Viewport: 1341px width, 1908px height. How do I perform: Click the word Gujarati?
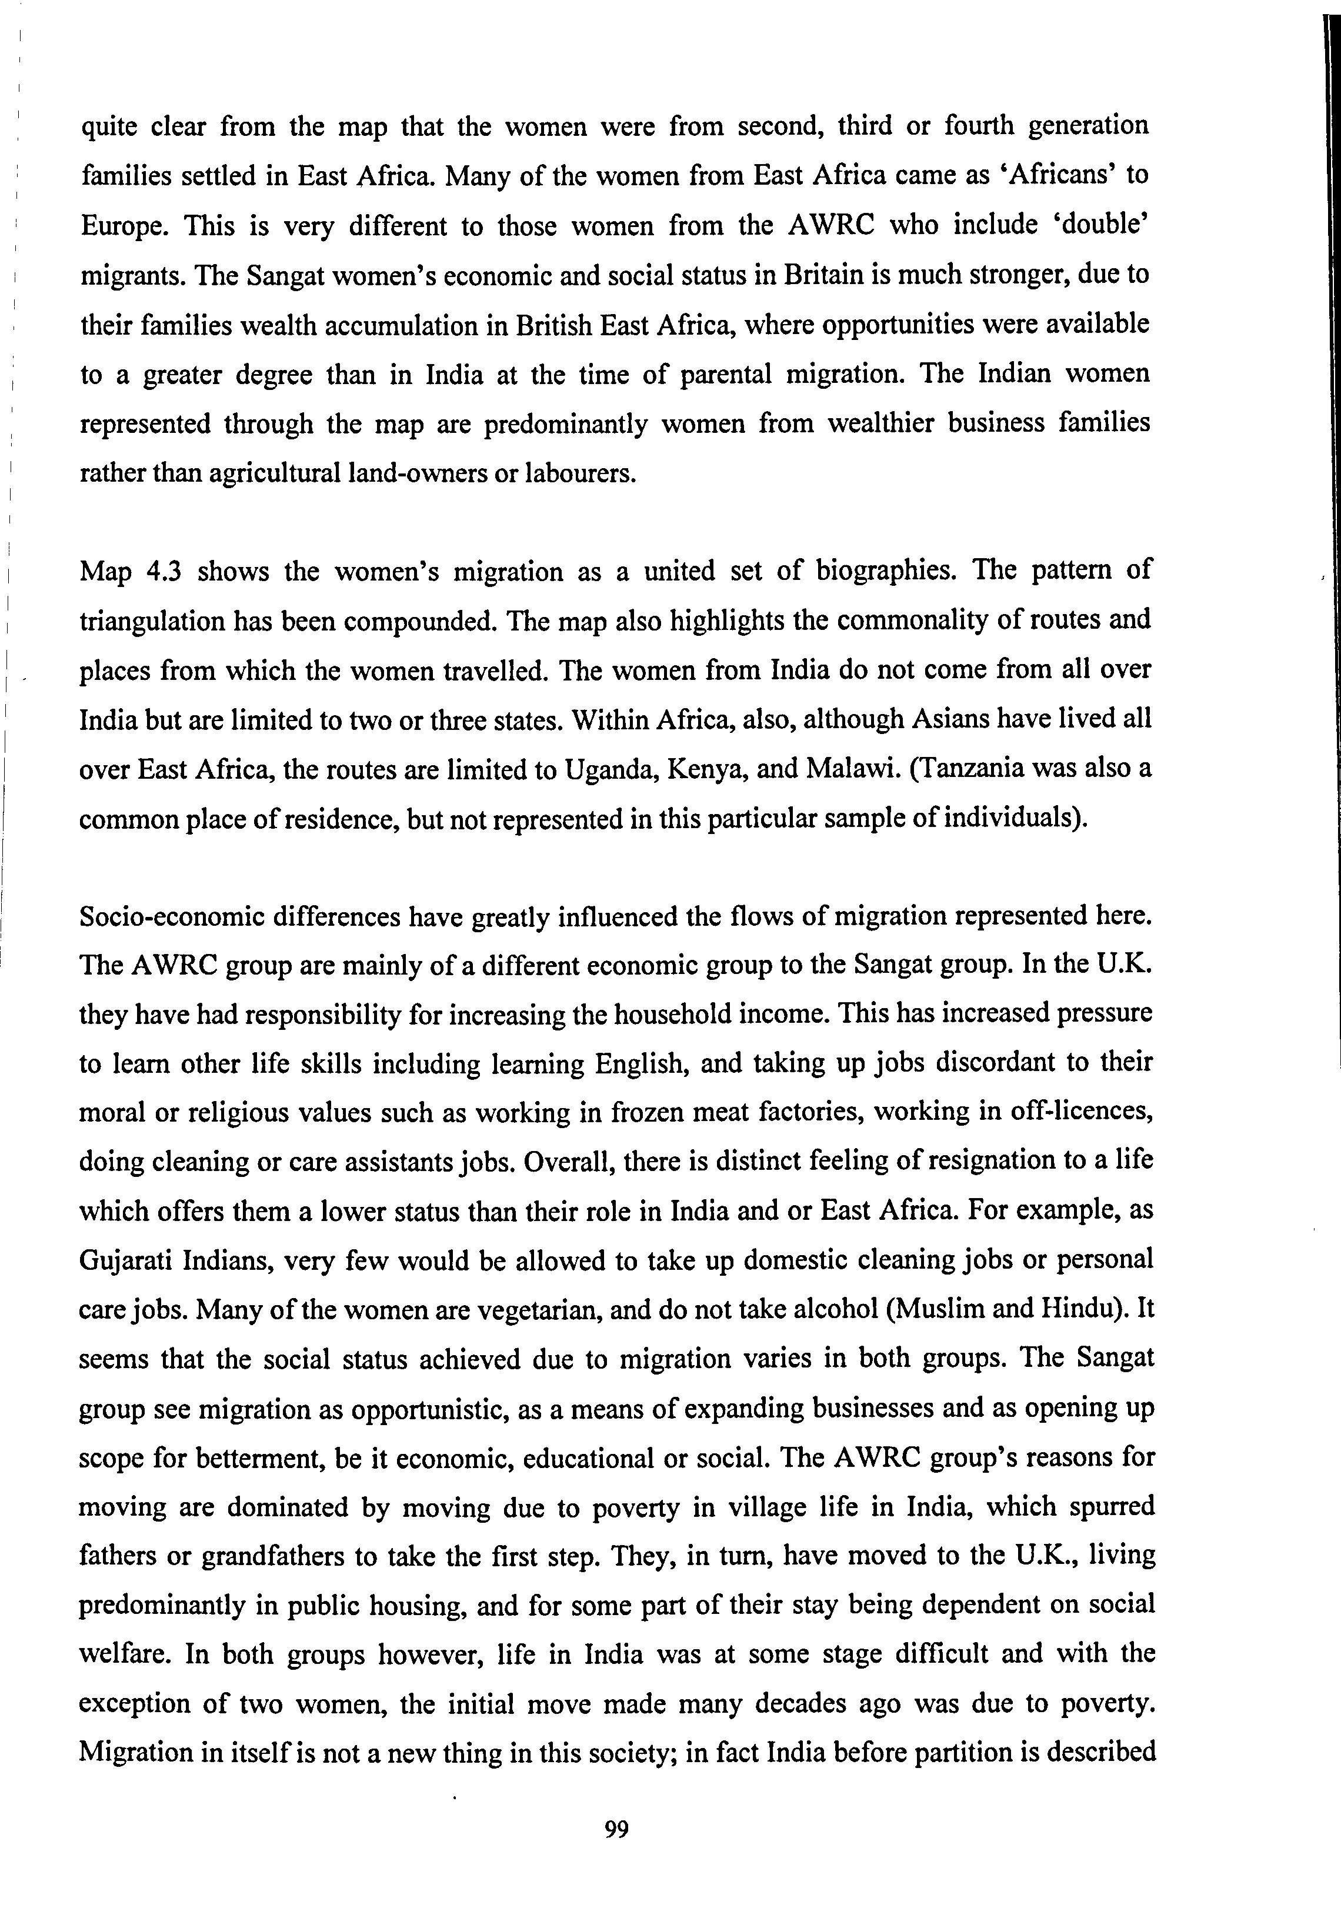point(125,1260)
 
